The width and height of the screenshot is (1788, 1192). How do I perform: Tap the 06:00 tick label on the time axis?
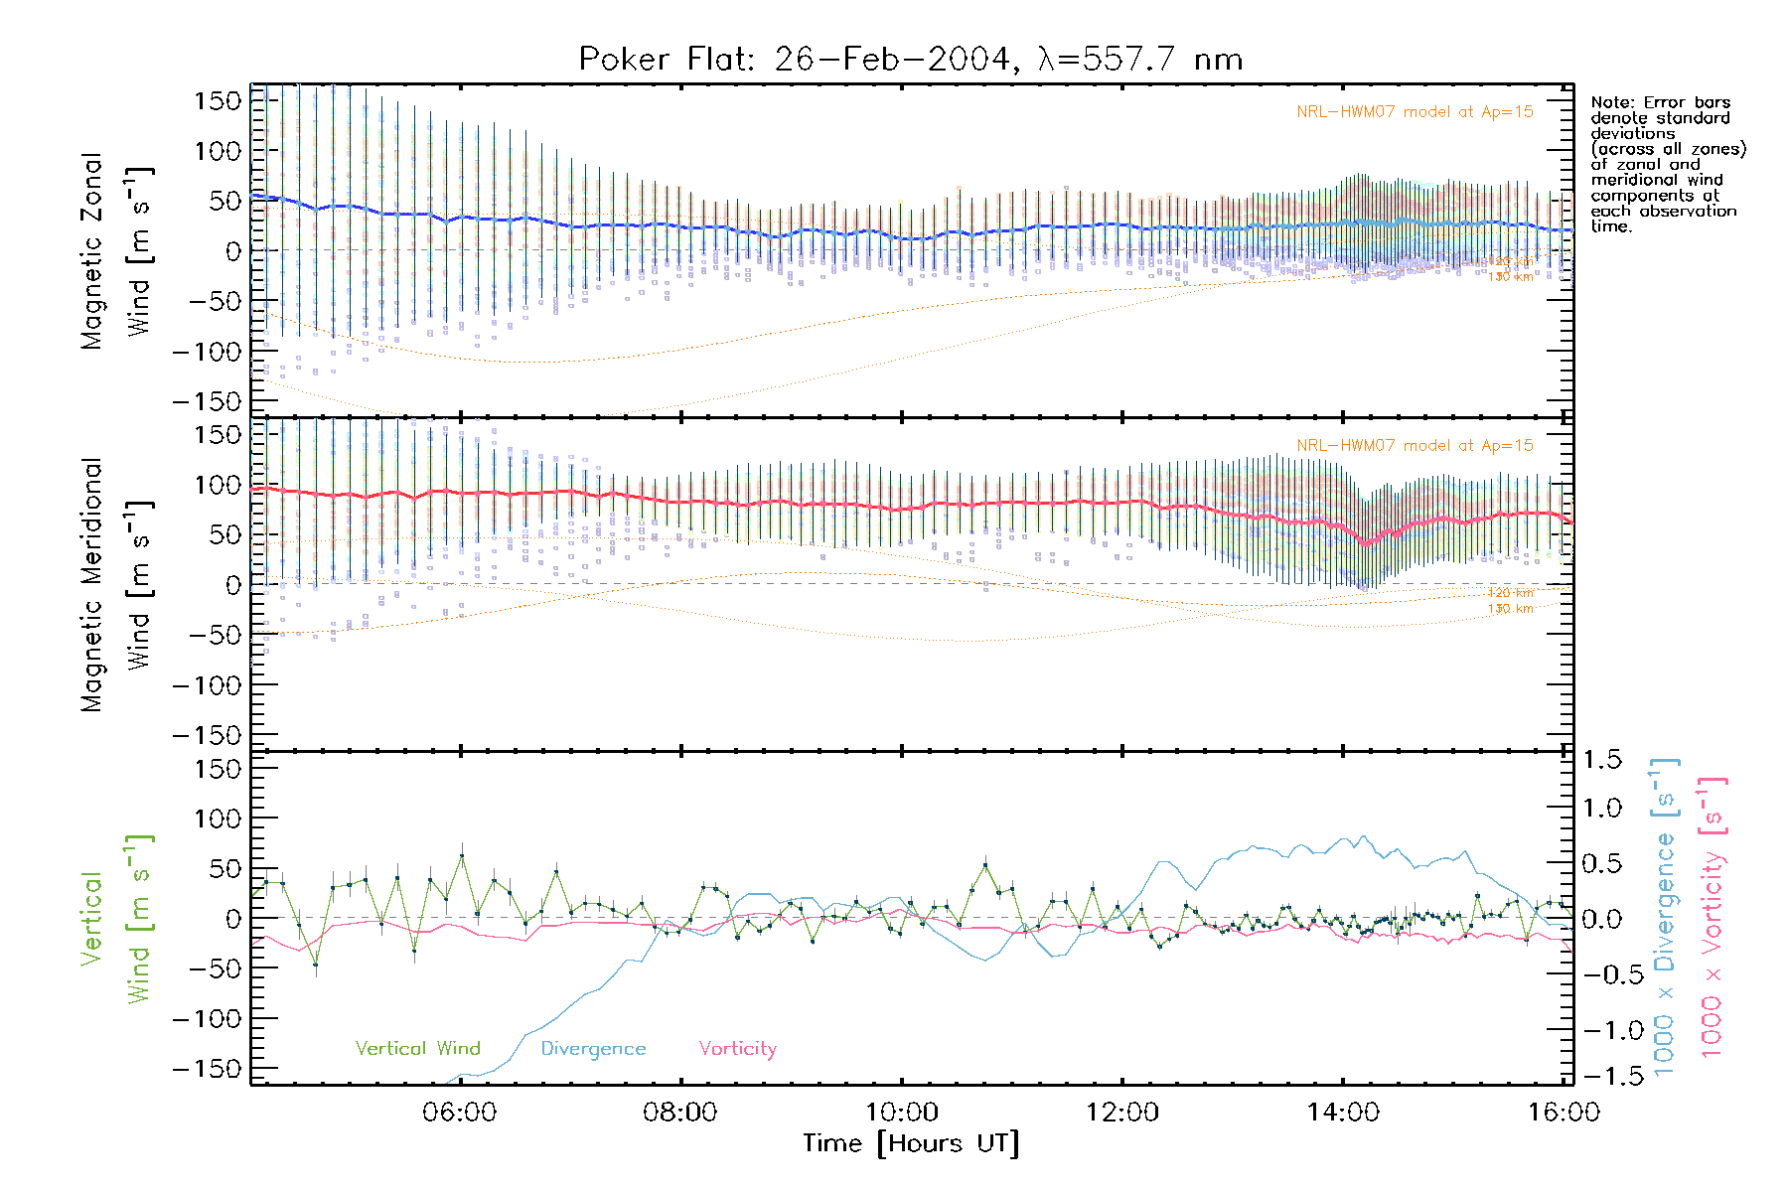click(x=459, y=1112)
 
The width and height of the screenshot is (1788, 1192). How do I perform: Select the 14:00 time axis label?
click(x=1343, y=1112)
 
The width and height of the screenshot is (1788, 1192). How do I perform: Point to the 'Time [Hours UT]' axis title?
click(x=911, y=1143)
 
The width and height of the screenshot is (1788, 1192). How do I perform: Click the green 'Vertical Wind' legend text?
click(x=417, y=1048)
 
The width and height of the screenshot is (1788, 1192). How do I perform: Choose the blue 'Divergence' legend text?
click(x=593, y=1048)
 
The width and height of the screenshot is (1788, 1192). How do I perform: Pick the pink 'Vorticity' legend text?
click(x=737, y=1048)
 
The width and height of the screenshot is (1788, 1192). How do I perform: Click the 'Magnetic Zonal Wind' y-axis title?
click(x=116, y=250)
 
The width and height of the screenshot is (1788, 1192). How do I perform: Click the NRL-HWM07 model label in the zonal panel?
click(x=1415, y=112)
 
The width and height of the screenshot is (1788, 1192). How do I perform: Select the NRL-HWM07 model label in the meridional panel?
click(x=1415, y=446)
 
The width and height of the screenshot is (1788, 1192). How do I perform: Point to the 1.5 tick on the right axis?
click(x=1601, y=760)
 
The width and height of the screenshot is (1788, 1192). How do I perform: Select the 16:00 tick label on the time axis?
click(x=1564, y=1112)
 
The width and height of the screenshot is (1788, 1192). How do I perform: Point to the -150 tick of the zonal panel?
click(x=207, y=401)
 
